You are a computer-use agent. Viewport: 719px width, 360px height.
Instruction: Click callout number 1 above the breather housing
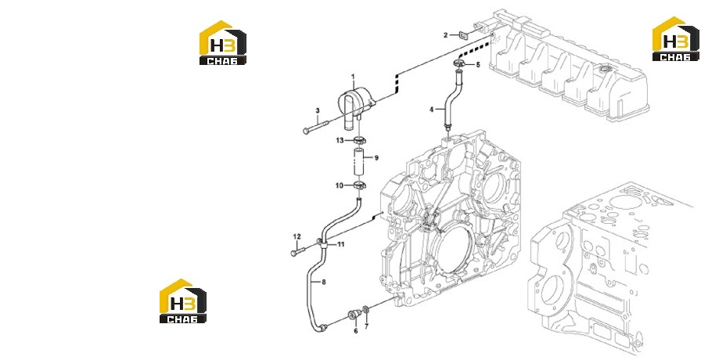click(x=353, y=76)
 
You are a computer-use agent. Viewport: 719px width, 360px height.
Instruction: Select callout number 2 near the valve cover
click(x=445, y=35)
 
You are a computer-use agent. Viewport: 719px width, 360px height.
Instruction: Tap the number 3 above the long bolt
click(x=318, y=110)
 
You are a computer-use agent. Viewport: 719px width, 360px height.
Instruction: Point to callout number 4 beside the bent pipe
click(x=432, y=110)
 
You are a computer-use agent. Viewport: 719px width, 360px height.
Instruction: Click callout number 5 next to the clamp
click(x=478, y=65)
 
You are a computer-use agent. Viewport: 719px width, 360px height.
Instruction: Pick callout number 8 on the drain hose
click(x=324, y=282)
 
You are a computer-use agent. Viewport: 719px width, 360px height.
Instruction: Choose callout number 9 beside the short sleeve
click(x=376, y=158)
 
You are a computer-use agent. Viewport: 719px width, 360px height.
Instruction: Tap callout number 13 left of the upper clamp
click(x=340, y=140)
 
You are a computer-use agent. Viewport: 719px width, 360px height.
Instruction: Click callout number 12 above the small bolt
click(x=297, y=236)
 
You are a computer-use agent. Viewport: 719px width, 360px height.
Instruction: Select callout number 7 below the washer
click(x=366, y=326)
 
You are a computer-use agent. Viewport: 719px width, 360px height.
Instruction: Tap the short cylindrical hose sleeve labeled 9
click(x=360, y=162)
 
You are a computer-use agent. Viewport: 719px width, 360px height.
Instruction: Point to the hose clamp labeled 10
click(x=360, y=185)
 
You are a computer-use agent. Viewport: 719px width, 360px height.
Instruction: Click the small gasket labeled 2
click(x=462, y=35)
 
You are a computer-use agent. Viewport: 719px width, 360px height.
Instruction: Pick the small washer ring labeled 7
click(x=365, y=311)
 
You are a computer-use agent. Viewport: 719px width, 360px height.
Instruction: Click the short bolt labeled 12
click(x=298, y=250)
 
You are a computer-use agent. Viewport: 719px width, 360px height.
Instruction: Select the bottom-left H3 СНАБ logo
click(x=183, y=301)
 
